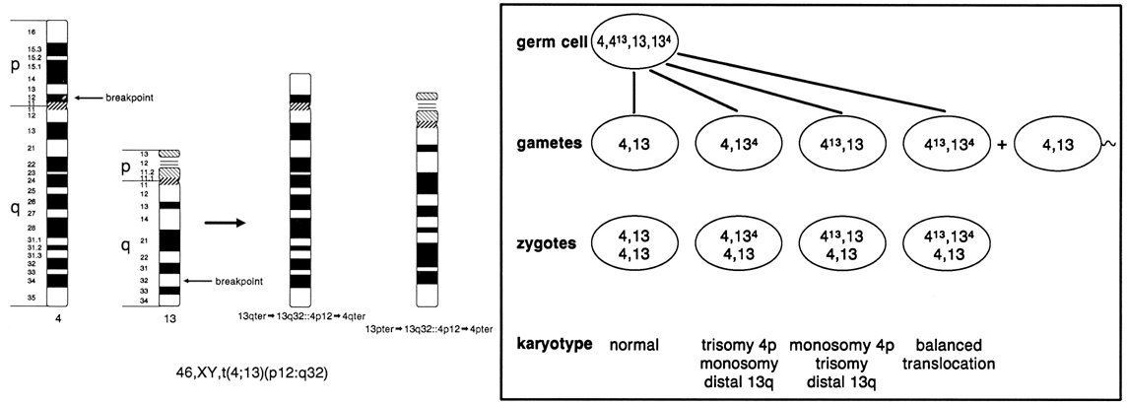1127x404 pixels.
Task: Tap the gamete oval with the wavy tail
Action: tap(1057, 144)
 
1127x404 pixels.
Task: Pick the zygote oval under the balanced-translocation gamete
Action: tap(945, 245)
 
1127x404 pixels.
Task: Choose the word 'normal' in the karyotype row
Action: tap(634, 347)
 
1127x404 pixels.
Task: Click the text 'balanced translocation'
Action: tap(947, 355)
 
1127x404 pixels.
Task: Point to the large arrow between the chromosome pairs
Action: tap(224, 223)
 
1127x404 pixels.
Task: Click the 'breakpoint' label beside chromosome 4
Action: tap(132, 98)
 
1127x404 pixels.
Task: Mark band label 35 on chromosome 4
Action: tap(33, 296)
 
